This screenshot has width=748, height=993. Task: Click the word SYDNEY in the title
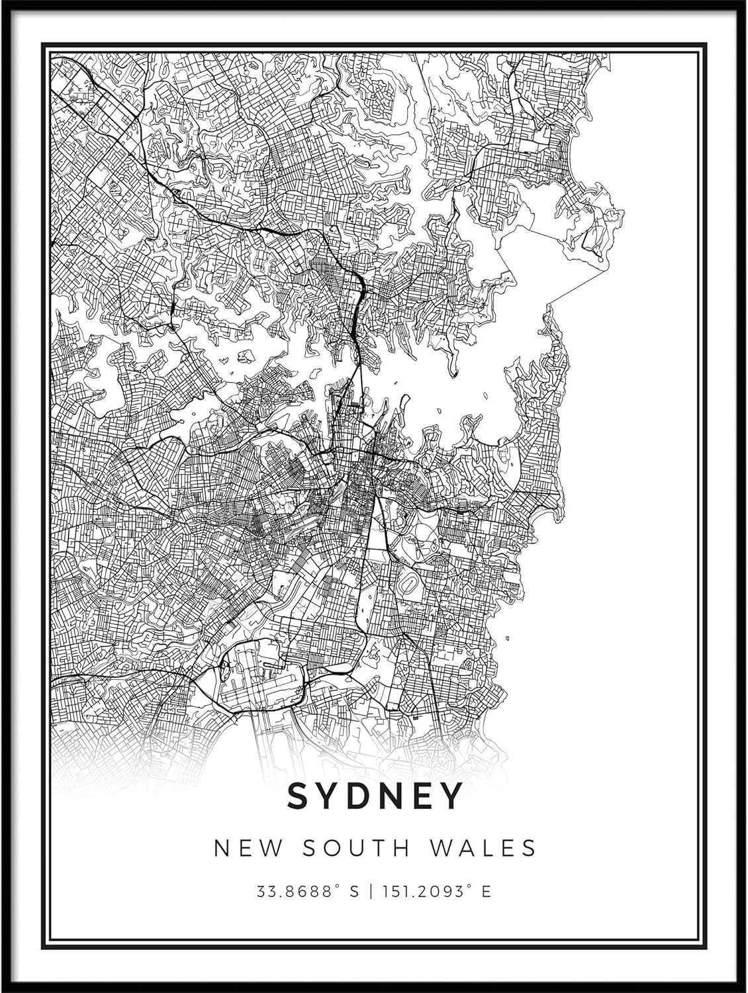374,796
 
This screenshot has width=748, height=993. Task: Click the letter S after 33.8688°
353,892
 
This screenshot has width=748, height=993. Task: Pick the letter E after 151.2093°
487,892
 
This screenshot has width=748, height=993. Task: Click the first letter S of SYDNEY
297,796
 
